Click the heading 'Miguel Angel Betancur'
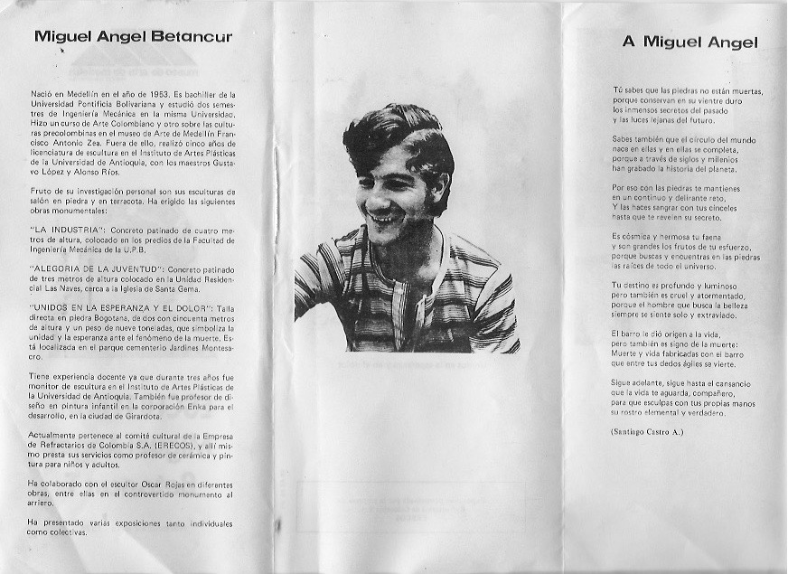click(133, 37)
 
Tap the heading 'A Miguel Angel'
click(689, 42)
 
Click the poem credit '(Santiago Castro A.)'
click(647, 432)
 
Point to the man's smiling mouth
click(383, 218)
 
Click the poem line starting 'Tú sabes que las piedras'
click(687, 91)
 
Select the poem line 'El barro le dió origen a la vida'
click(674, 334)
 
